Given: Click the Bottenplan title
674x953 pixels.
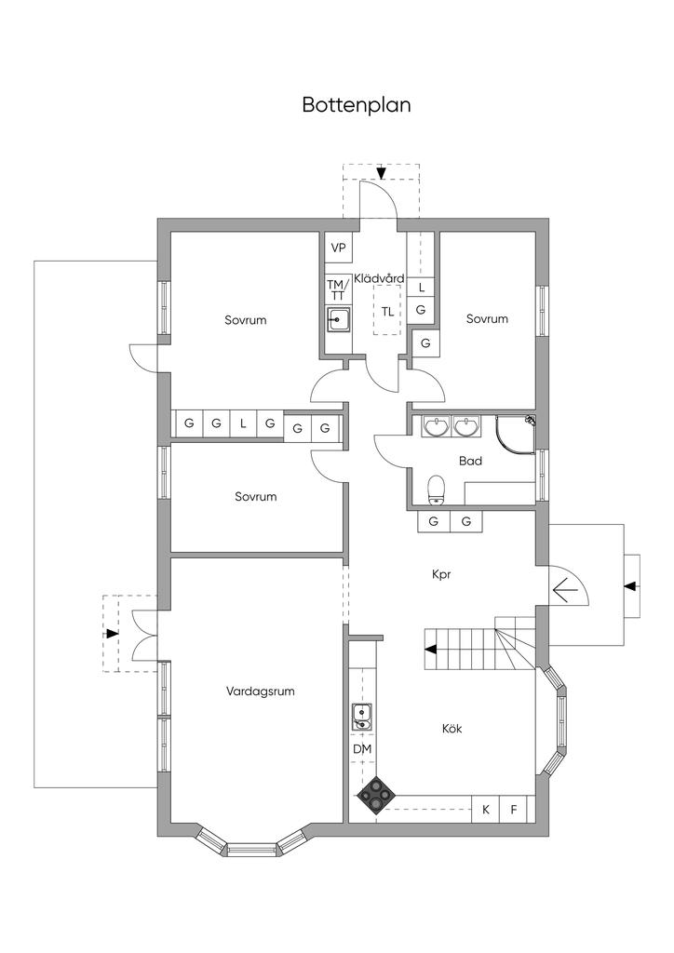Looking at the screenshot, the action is coord(357,104).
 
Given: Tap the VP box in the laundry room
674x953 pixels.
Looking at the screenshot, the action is coord(338,248).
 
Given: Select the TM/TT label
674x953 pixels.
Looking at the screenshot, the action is coord(338,290).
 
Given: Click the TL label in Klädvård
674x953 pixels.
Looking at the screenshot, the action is coord(387,312).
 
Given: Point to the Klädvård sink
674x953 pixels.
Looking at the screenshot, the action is coord(339,319).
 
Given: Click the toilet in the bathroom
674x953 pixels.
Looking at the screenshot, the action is coord(435,490).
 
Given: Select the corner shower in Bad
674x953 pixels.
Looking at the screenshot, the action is coord(516,435).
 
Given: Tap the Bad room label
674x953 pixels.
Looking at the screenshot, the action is coord(470,462).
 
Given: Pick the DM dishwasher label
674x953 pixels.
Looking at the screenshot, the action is coord(362,749).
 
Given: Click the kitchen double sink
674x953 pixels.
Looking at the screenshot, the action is coord(361,716).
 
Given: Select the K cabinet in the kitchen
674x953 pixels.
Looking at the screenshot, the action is coord(486,810).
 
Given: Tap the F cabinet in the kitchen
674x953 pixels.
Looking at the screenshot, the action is coord(513,810).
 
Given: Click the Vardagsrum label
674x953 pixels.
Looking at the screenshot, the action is coord(260,691).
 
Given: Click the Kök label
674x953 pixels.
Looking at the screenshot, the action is coord(452,728).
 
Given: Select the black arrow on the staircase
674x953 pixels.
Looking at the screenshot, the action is coord(430,649).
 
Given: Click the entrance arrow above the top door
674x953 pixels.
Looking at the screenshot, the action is coord(381,172).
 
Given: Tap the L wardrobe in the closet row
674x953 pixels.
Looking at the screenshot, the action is coord(243,423).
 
